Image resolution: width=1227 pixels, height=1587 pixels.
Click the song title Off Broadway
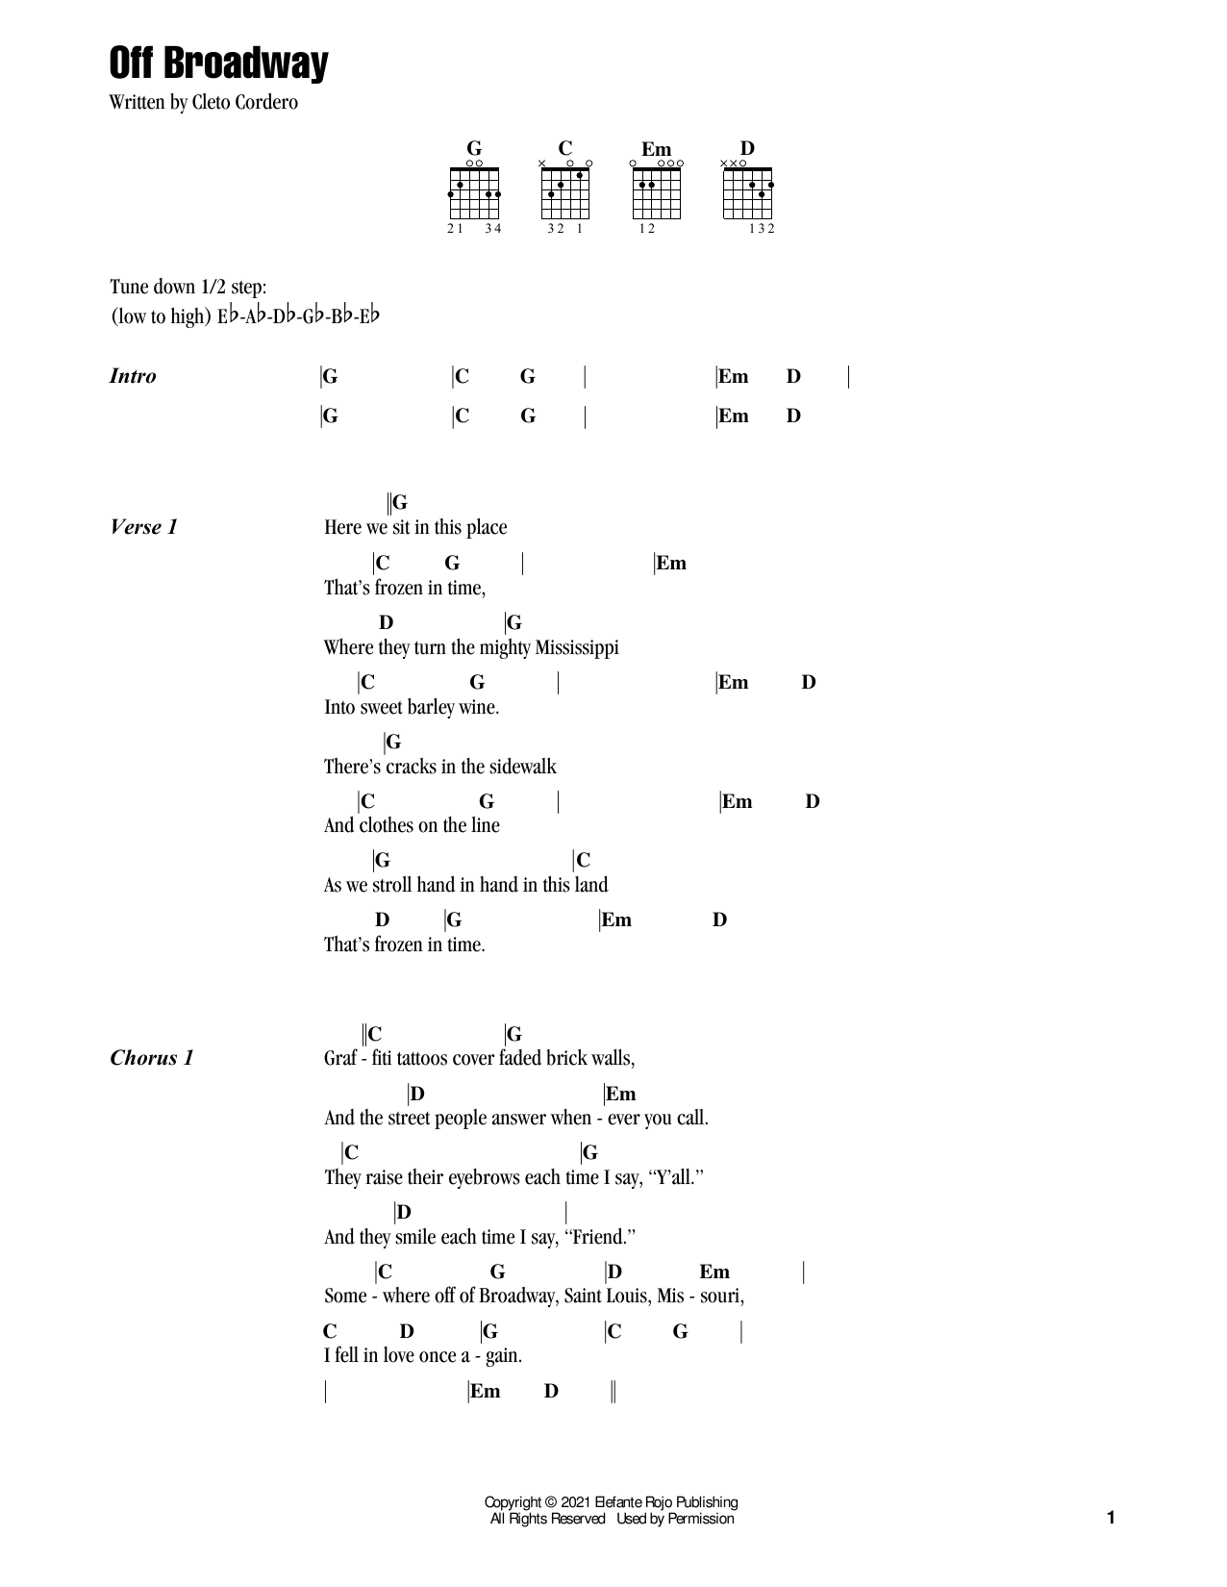(218, 63)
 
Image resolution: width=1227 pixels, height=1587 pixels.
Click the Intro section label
(133, 376)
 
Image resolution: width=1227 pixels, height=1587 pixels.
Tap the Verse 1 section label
(143, 527)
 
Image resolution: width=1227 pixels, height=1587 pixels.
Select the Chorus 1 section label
(151, 1058)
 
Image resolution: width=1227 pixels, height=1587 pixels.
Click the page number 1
(1111, 1518)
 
